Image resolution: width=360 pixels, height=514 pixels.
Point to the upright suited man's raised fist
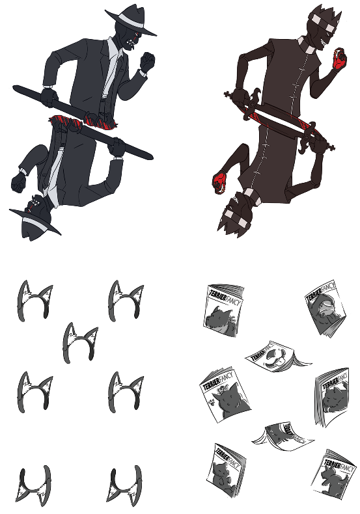(x=148, y=62)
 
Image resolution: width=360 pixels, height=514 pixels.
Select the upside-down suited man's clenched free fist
(x=18, y=182)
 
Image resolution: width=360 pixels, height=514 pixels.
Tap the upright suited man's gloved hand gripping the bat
(x=49, y=98)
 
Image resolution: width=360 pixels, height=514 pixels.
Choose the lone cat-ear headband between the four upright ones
(x=80, y=342)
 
